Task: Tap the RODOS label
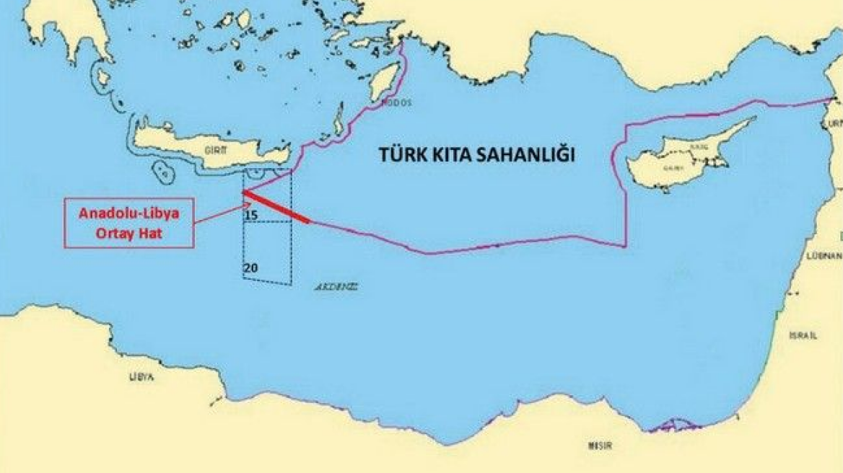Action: (397, 103)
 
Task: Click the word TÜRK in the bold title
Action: (405, 155)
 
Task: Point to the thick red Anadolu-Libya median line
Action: (277, 208)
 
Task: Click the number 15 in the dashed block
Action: (251, 215)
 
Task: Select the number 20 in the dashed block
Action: (251, 268)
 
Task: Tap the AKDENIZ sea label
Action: (336, 286)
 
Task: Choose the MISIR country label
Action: (600, 446)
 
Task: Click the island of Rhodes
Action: (385, 81)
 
